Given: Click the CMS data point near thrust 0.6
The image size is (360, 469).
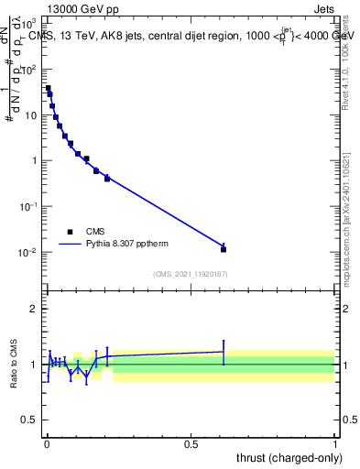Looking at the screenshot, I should tap(224, 248).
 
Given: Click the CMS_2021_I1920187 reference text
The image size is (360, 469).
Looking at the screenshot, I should tap(190, 273).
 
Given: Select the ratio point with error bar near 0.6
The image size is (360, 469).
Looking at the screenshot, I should tap(224, 351).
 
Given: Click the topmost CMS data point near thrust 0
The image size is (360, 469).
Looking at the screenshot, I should tap(48, 89).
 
